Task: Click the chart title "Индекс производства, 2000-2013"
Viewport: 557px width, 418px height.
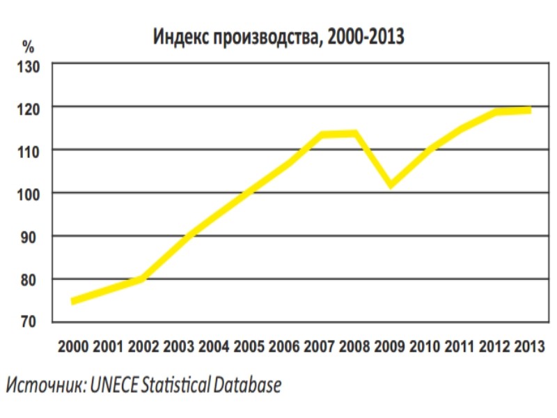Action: pyautogui.click(x=278, y=37)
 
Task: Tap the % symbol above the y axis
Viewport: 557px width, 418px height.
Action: pyautogui.click(x=28, y=47)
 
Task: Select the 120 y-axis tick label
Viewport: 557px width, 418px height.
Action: pyautogui.click(x=29, y=108)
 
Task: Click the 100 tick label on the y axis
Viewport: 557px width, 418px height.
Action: pyautogui.click(x=29, y=194)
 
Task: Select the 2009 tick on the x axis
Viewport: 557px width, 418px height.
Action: pyautogui.click(x=390, y=346)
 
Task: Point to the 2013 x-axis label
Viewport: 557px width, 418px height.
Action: pyautogui.click(x=530, y=346)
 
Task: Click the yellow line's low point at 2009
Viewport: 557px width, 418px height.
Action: pyautogui.click(x=391, y=185)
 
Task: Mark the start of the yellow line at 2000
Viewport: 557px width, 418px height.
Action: pyautogui.click(x=73, y=301)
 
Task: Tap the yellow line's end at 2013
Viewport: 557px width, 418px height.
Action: pyautogui.click(x=530, y=110)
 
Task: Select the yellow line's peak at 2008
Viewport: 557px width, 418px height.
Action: pyautogui.click(x=355, y=134)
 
